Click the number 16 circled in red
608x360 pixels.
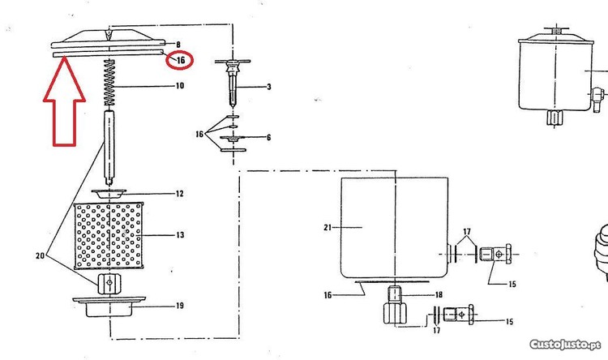coord(181,60)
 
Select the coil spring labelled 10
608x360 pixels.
coord(109,83)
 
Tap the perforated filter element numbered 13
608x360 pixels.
coord(109,235)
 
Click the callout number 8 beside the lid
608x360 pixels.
coord(178,45)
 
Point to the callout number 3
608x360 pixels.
coord(269,87)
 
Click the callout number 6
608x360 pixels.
coord(268,137)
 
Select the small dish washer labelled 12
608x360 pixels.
coord(109,193)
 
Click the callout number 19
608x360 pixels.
coord(179,306)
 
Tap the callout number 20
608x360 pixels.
coord(40,256)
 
